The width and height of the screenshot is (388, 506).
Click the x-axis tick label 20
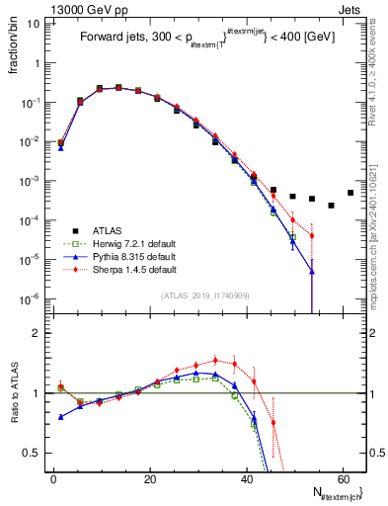[149, 477]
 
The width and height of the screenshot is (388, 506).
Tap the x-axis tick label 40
[246, 477]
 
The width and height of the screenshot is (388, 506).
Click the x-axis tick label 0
[53, 477]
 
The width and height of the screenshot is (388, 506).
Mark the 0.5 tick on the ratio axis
[35, 453]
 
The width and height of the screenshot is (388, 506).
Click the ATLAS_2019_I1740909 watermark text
[206, 295]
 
